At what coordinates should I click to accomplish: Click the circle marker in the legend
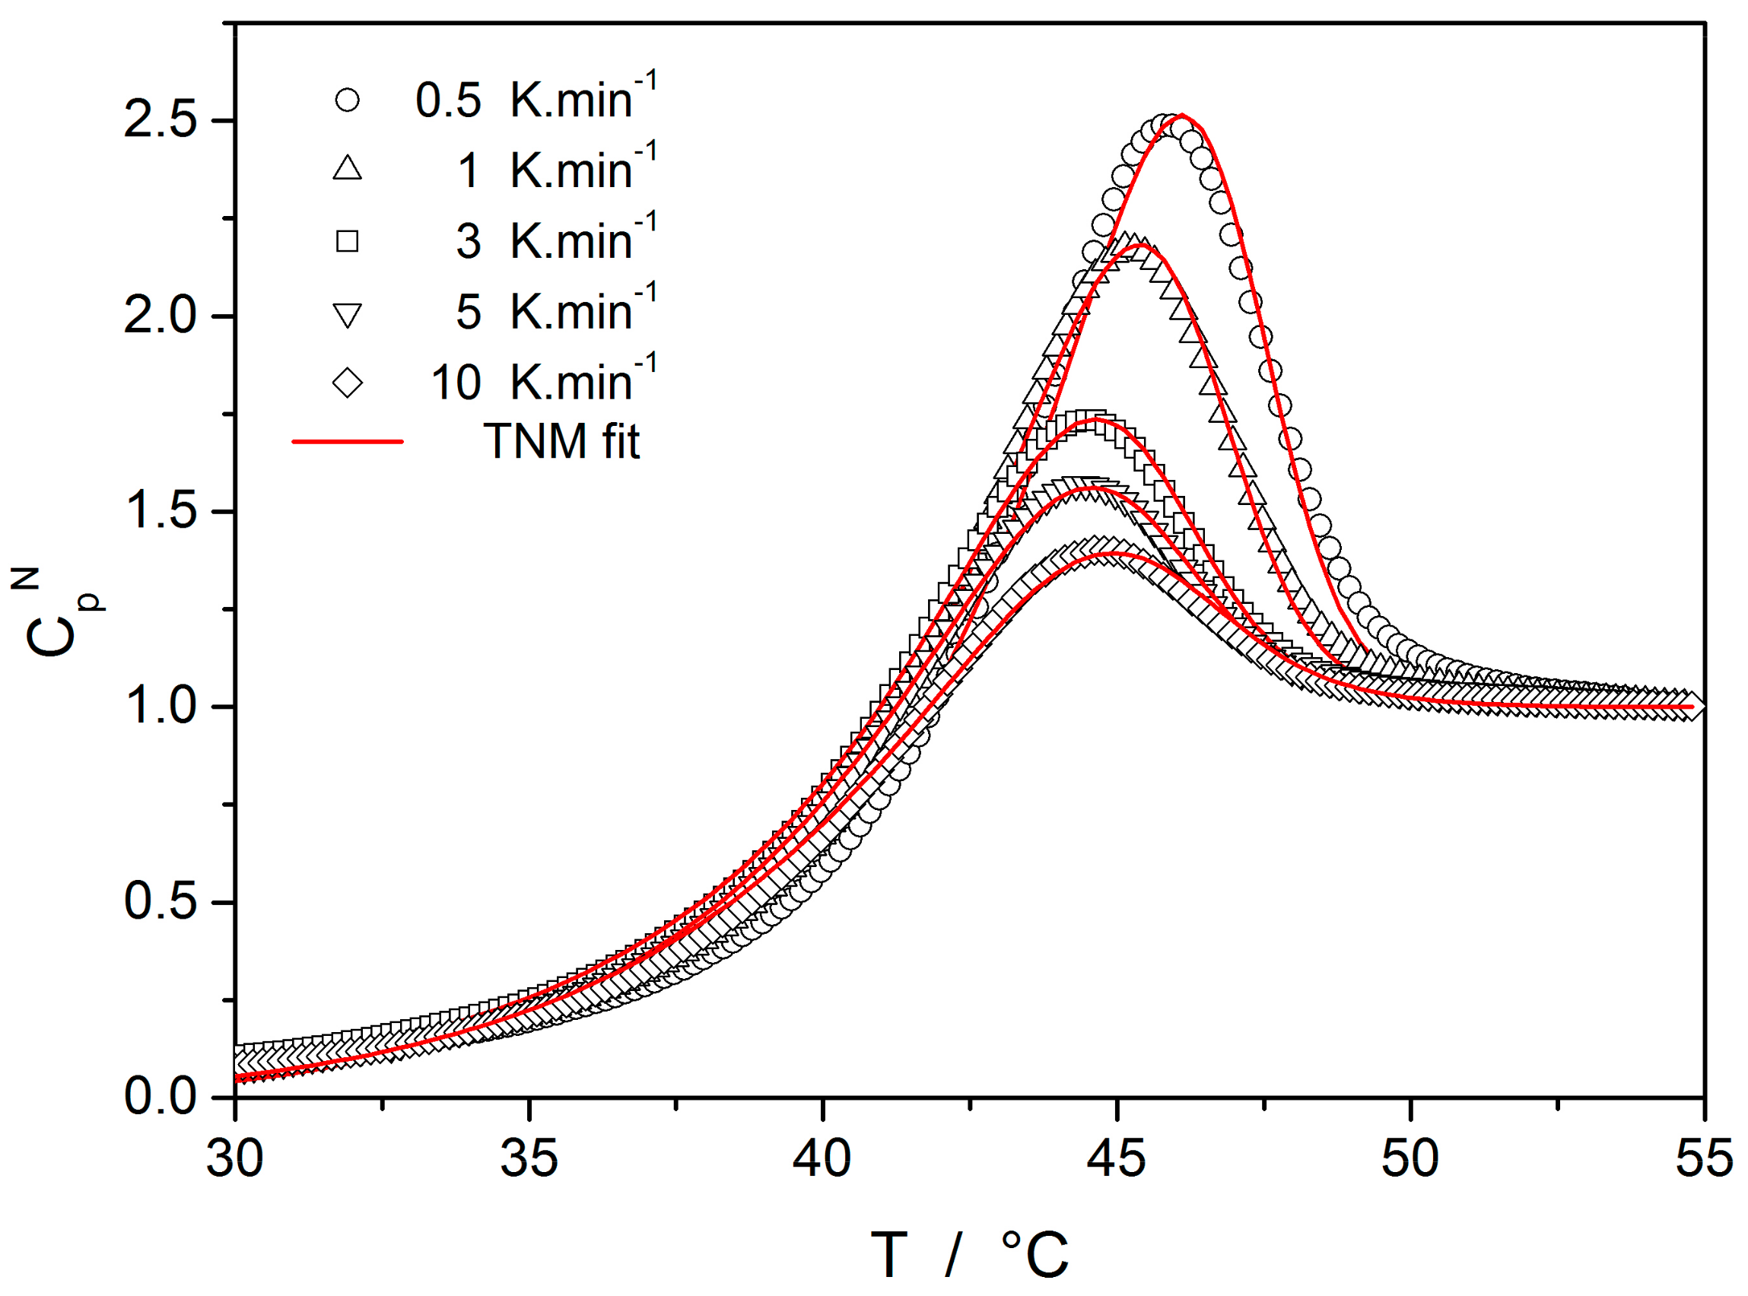[347, 100]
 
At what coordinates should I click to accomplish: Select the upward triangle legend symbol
[347, 169]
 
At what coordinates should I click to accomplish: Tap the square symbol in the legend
[347, 240]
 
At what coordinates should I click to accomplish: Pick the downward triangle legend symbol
[347, 314]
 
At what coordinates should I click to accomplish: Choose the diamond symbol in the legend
[347, 383]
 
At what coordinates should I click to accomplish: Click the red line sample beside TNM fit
[347, 442]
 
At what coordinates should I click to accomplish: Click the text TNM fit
[561, 442]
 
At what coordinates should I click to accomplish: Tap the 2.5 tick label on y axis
[160, 121]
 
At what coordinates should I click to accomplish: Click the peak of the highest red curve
[1182, 116]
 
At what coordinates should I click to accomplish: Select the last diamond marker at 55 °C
[1693, 706]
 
